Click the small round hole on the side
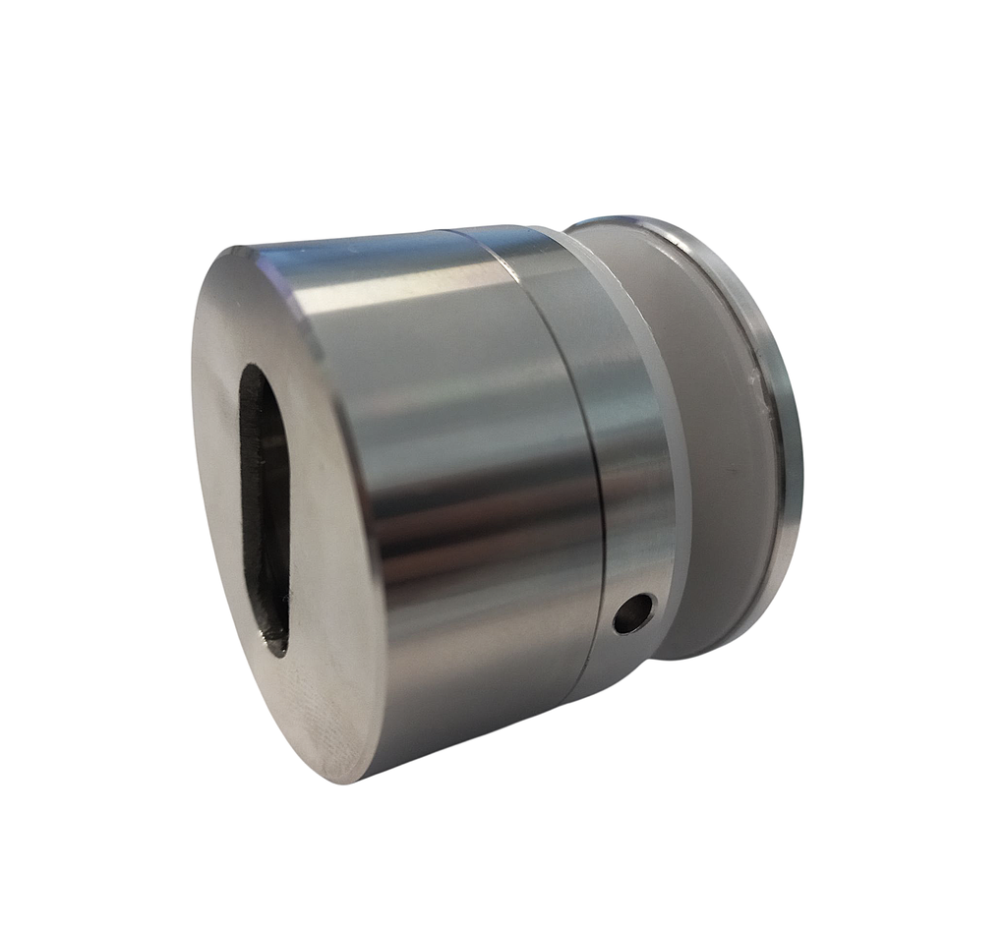coord(634,613)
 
